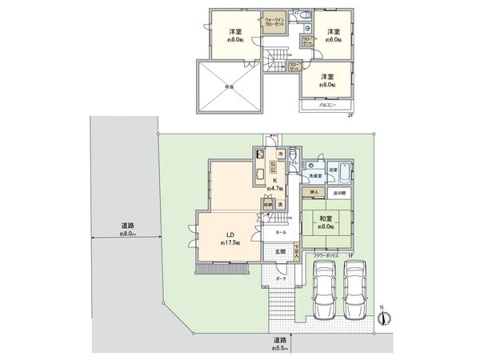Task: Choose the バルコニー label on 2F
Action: [x=326, y=103]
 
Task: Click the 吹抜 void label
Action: [x=229, y=88]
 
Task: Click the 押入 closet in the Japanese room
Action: [x=314, y=193]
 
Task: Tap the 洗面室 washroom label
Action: [x=317, y=174]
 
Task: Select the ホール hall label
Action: [x=280, y=232]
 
